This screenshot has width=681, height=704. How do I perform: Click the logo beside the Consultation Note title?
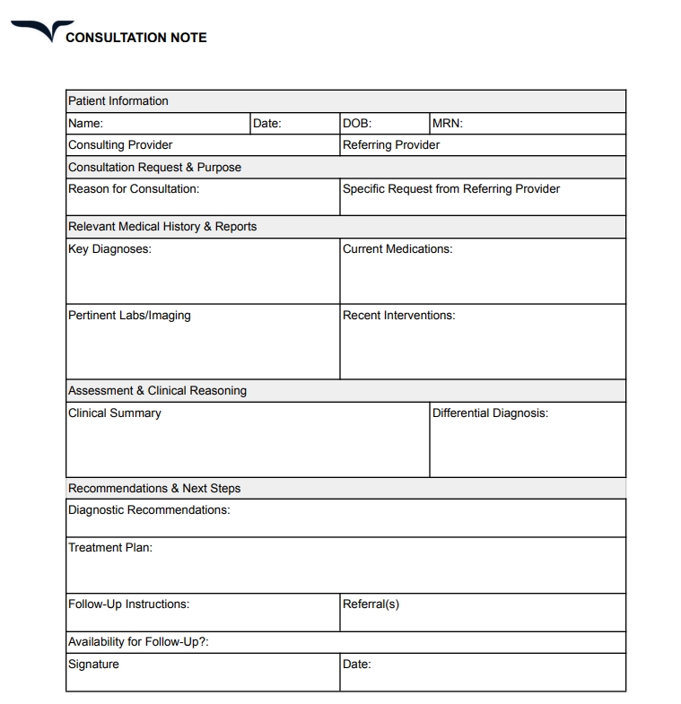click(x=35, y=31)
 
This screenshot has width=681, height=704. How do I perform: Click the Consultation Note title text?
click(x=136, y=38)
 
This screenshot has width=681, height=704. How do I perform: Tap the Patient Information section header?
click(x=118, y=101)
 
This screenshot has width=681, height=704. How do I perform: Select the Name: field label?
click(x=86, y=124)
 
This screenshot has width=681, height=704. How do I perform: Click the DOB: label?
click(x=357, y=124)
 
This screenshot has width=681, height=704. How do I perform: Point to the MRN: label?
click(x=448, y=124)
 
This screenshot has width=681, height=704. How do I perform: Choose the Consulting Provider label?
click(x=120, y=145)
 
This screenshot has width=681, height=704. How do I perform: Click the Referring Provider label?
click(x=391, y=145)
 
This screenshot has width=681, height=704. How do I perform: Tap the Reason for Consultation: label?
click(x=134, y=189)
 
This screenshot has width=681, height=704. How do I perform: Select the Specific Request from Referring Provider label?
click(x=451, y=189)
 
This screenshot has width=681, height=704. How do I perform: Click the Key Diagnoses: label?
click(x=109, y=249)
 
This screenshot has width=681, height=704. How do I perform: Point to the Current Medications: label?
click(x=397, y=249)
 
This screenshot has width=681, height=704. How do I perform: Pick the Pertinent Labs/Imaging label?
click(x=129, y=316)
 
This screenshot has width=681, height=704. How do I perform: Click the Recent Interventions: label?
click(x=399, y=316)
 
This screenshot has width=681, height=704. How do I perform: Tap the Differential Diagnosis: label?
click(x=490, y=413)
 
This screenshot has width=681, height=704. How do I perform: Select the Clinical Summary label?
click(x=115, y=413)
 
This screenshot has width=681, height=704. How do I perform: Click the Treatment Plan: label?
click(x=110, y=548)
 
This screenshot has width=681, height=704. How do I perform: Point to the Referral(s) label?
click(x=371, y=604)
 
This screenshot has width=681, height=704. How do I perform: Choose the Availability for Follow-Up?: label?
click(x=138, y=642)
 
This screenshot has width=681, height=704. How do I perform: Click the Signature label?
click(x=93, y=665)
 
